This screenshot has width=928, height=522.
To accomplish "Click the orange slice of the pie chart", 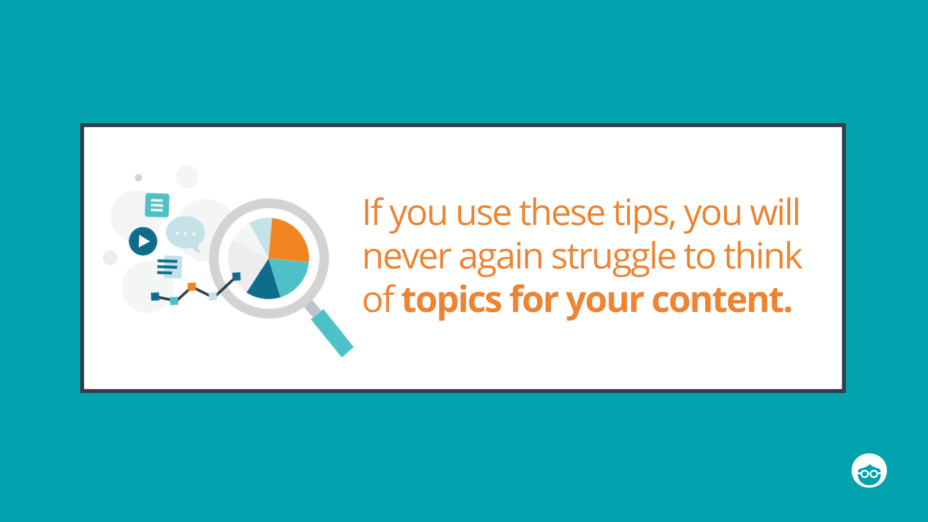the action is (289, 240).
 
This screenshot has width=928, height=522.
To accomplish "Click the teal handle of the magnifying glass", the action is (332, 333).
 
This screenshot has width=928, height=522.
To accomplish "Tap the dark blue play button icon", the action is (143, 241).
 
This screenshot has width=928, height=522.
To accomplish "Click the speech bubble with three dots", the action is (186, 234).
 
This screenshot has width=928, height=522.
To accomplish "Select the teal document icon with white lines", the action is (157, 205).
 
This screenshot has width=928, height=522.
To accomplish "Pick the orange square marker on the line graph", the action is (192, 287).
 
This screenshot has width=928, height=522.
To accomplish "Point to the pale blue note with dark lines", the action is (170, 267).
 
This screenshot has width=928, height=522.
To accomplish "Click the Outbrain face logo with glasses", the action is (869, 470).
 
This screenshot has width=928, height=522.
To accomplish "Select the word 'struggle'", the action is (613, 257).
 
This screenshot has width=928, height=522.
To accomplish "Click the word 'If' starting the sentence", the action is (373, 212).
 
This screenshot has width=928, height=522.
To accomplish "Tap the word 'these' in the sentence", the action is (562, 212).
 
